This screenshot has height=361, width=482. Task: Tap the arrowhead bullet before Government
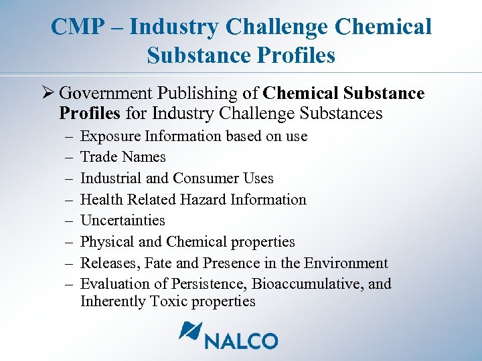(x=47, y=93)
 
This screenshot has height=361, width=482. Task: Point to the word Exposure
(x=108, y=136)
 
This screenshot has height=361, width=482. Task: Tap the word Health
(x=100, y=199)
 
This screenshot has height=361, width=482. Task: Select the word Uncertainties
(x=123, y=221)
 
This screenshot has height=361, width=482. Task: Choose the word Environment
(x=347, y=263)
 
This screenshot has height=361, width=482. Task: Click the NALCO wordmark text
(x=242, y=340)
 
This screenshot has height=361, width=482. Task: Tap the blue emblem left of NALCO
(x=190, y=332)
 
